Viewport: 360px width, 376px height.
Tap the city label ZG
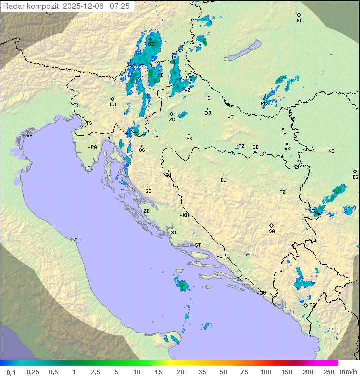pyautogui.click(x=172, y=120)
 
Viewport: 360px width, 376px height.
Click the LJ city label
pyautogui.click(x=113, y=104)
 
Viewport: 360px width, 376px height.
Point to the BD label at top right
pyautogui.click(x=299, y=21)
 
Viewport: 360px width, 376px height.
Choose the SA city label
pyautogui.click(x=272, y=231)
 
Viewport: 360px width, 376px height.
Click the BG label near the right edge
pyautogui.click(x=355, y=177)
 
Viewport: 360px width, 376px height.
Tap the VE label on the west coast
pyautogui.click(x=29, y=136)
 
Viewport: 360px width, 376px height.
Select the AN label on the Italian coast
pyautogui.click(x=77, y=240)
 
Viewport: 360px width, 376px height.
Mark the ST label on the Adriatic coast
pyautogui.click(x=198, y=245)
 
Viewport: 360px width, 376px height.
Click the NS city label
pyautogui.click(x=331, y=151)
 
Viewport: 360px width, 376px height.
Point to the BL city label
pyautogui.click(x=223, y=180)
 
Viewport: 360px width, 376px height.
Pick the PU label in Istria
pyautogui.click(x=90, y=168)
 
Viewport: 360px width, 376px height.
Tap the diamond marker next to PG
pyautogui.click(x=306, y=305)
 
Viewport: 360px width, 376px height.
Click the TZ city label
pyautogui.click(x=283, y=192)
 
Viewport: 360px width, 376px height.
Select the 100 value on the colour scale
pyautogui.click(x=265, y=372)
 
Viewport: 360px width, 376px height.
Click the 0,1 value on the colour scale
pyautogui.click(x=11, y=372)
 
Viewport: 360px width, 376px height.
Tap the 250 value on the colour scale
pyautogui.click(x=329, y=372)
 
